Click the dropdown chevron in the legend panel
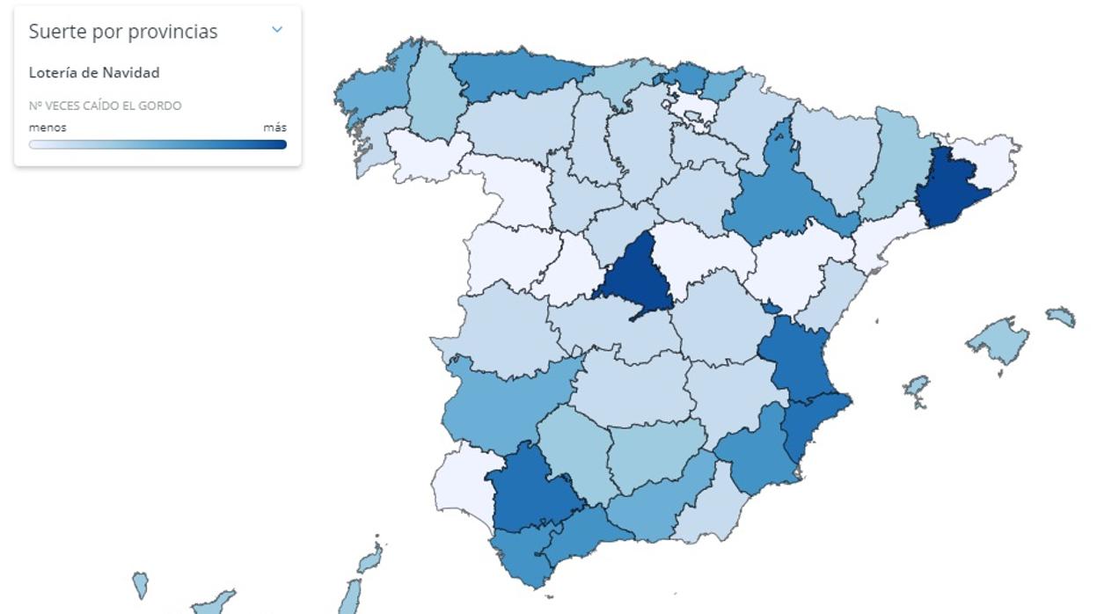(x=277, y=30)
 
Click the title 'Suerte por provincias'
(x=123, y=32)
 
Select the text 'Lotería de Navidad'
(x=94, y=73)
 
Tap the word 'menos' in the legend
(x=48, y=128)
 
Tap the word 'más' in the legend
(x=274, y=128)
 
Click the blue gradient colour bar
(x=157, y=144)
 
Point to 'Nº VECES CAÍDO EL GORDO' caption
(x=106, y=106)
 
